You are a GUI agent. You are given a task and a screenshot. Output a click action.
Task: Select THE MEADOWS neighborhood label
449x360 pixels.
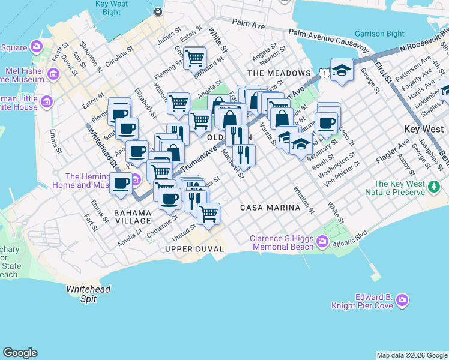pyautogui.click(x=279, y=73)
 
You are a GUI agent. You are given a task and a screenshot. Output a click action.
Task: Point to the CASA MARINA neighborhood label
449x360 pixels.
pyautogui.click(x=270, y=208)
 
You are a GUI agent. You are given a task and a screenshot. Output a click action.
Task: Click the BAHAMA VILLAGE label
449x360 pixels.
pyautogui.click(x=133, y=217)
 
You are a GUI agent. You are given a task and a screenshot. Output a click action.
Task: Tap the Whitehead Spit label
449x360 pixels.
pyautogui.click(x=88, y=293)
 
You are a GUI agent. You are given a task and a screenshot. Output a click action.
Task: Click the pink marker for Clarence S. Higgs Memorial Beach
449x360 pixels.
pyautogui.click(x=323, y=242)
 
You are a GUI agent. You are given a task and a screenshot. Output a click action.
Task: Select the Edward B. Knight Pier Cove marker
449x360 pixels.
pyautogui.click(x=402, y=299)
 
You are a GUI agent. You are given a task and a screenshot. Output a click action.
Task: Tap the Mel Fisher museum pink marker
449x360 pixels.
pyautogui.click(x=54, y=74)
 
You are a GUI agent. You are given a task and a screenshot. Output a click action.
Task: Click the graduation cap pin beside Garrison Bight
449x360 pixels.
pyautogui.click(x=342, y=70)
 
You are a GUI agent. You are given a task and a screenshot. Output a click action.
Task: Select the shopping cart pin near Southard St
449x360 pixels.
pyautogui.click(x=194, y=58)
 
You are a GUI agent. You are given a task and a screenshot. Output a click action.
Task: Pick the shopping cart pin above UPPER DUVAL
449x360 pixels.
pyautogui.click(x=208, y=214)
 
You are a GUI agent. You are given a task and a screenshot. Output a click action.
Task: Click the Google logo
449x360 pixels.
pyautogui.click(x=20, y=353)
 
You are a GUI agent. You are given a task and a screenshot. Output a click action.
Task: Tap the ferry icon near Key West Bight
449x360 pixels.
pyautogui.click(x=158, y=11)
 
